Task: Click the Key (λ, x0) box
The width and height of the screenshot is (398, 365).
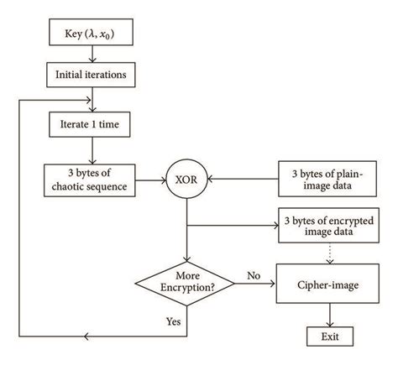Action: (98, 38)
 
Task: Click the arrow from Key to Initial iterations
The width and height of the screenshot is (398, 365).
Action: (98, 55)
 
